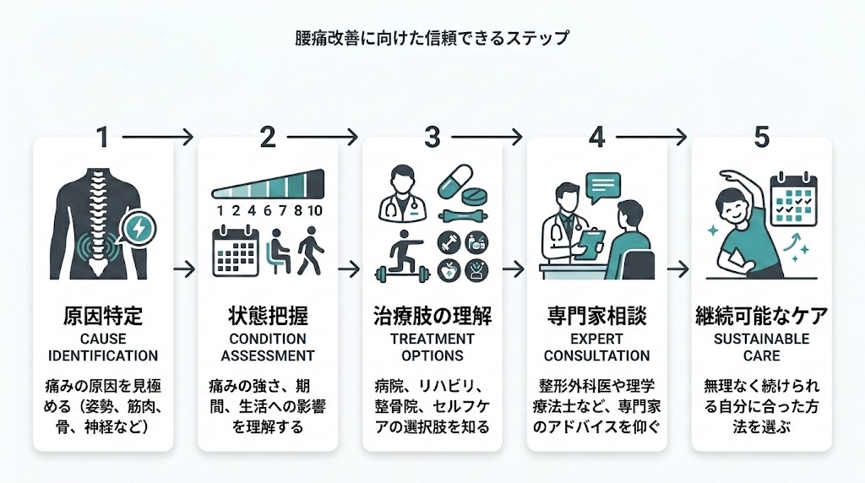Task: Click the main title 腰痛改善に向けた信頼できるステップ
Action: (x=432, y=38)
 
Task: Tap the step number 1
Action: (x=102, y=137)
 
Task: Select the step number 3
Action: (x=432, y=137)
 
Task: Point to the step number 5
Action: (x=761, y=137)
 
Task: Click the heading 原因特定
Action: (x=103, y=317)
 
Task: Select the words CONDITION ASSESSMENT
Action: (x=267, y=347)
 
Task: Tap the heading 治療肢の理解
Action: (x=432, y=317)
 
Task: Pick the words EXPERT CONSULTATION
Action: (x=597, y=347)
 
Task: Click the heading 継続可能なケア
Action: (x=761, y=317)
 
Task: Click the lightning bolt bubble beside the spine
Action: (x=137, y=227)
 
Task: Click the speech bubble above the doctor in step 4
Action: (x=603, y=186)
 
